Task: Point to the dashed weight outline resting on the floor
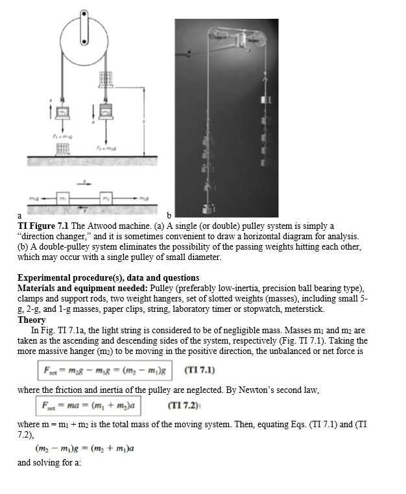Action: pyautogui.click(x=62, y=149)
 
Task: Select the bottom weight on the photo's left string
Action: pyautogui.click(x=209, y=209)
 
